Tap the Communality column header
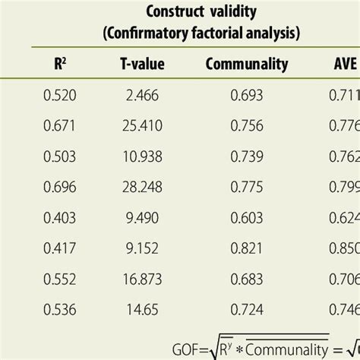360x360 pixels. (x=247, y=65)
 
